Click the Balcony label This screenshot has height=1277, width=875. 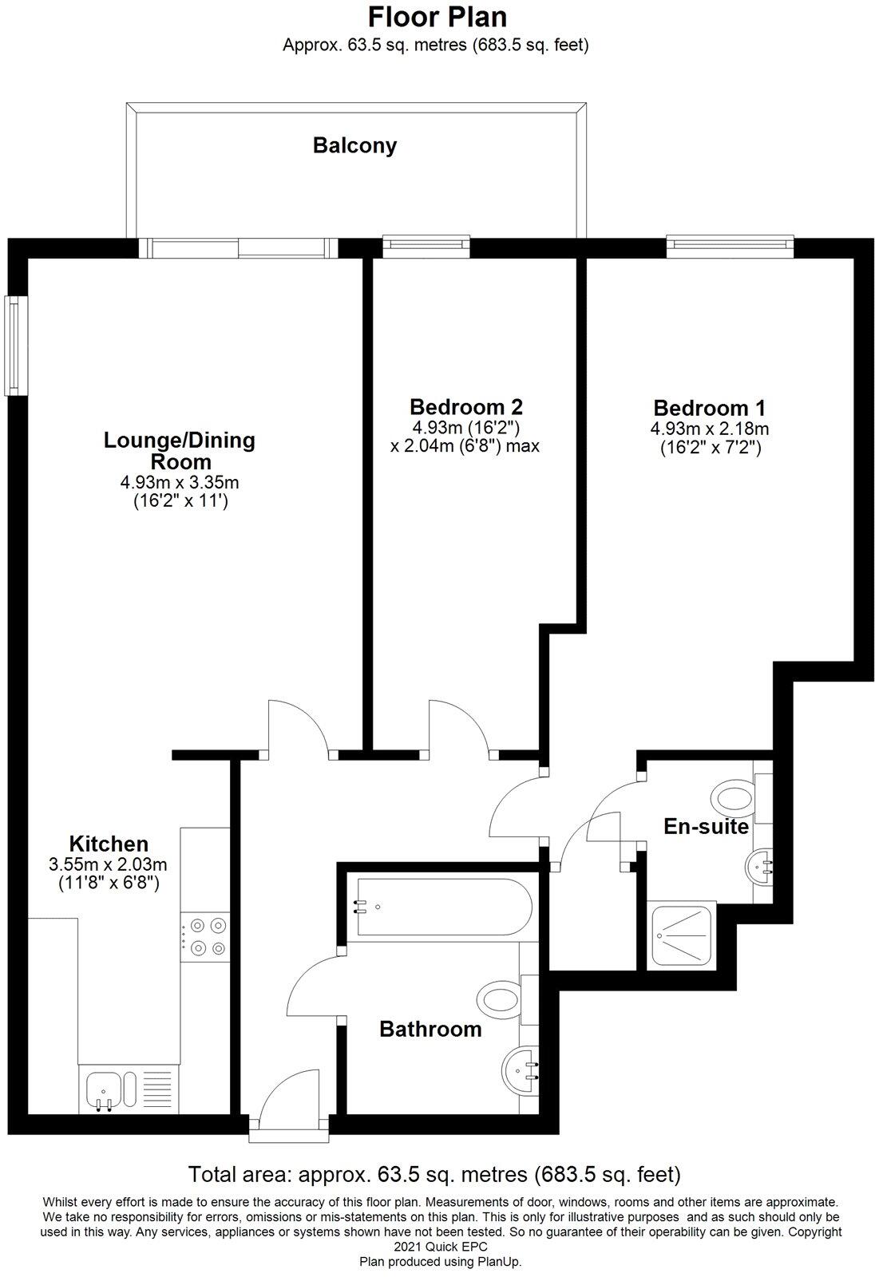(354, 146)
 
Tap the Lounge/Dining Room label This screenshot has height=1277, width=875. (180, 451)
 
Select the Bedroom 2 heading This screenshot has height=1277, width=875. (465, 406)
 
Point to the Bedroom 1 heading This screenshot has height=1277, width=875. (709, 408)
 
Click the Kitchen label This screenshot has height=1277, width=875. (109, 844)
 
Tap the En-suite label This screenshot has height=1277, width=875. (707, 827)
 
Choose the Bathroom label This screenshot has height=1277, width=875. (430, 1030)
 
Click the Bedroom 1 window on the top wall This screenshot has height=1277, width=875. (730, 246)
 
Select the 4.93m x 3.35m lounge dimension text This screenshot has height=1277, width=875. (180, 482)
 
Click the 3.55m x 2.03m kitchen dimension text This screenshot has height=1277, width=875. (109, 864)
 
